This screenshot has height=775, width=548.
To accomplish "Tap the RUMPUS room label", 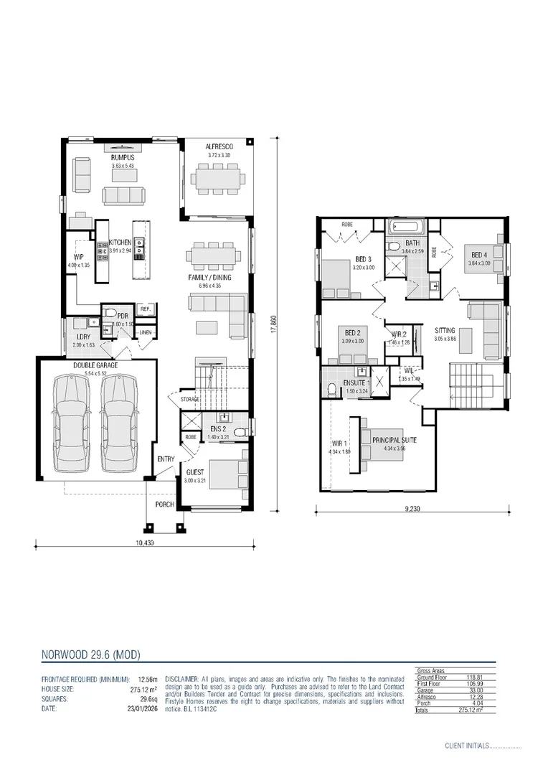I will (x=123, y=157).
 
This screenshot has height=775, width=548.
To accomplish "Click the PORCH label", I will (x=165, y=504).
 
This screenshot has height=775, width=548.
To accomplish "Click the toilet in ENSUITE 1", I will (x=332, y=390).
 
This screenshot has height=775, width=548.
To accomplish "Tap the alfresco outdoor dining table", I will (x=215, y=175).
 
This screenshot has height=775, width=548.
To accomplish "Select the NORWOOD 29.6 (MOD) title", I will (x=90, y=654).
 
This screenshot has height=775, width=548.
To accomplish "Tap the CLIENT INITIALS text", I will (x=466, y=746).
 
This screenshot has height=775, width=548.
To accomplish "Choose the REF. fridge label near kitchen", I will (x=144, y=310).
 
